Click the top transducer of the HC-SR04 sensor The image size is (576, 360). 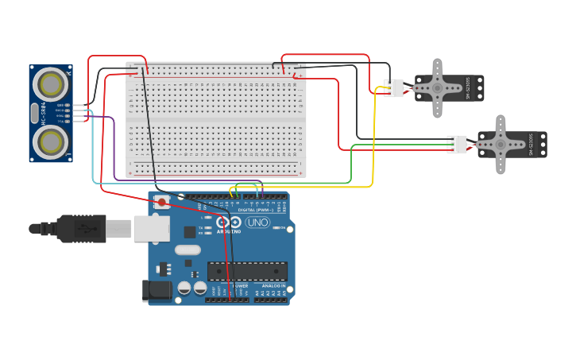(x=50, y=83)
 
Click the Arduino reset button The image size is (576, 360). (x=162, y=202)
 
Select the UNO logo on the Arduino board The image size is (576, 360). (x=257, y=223)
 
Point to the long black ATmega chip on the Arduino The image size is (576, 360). (x=247, y=271)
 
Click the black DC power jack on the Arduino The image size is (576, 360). (x=157, y=290)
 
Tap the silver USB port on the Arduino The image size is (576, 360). (x=150, y=228)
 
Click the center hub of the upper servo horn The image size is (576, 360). (x=437, y=88)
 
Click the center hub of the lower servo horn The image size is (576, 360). (x=501, y=145)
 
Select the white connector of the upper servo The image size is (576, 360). (x=394, y=88)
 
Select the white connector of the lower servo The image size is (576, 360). (x=457, y=145)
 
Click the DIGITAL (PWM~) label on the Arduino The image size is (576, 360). (x=257, y=210)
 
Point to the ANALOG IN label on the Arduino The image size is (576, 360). (x=273, y=286)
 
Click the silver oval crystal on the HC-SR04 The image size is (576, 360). (x=34, y=114)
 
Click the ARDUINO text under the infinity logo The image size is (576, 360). (x=230, y=231)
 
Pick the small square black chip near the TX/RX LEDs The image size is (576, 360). (x=190, y=232)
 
